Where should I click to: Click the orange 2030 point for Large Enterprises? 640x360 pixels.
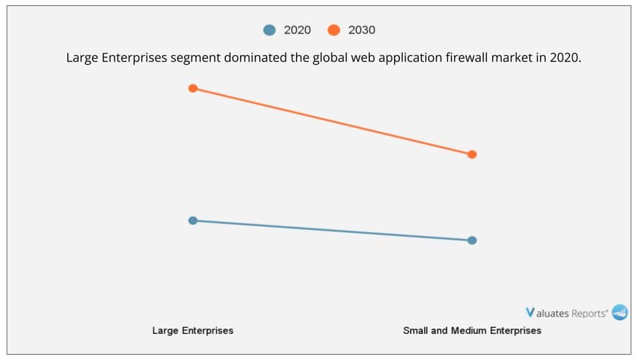tap(193, 88)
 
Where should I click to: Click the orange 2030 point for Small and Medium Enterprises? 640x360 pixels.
tap(472, 154)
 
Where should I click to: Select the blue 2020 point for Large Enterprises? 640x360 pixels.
tap(193, 220)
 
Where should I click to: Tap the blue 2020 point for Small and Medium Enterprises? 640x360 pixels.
tap(472, 240)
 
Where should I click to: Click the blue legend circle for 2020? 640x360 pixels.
tap(269, 30)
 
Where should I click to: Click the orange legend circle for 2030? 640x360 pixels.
tap(334, 30)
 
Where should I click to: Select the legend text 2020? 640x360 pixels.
tap(297, 30)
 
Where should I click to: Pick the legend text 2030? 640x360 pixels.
tap(361, 30)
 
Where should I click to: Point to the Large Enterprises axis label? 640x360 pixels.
tap(193, 331)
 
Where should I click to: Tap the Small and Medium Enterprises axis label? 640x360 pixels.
tap(472, 331)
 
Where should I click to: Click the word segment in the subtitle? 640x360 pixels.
tap(195, 58)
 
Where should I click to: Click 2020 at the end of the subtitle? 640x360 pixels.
tap(566, 58)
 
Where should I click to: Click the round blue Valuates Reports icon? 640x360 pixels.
tap(620, 312)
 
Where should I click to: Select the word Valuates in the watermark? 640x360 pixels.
tap(551, 313)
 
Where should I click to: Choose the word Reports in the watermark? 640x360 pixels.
tap(589, 313)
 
